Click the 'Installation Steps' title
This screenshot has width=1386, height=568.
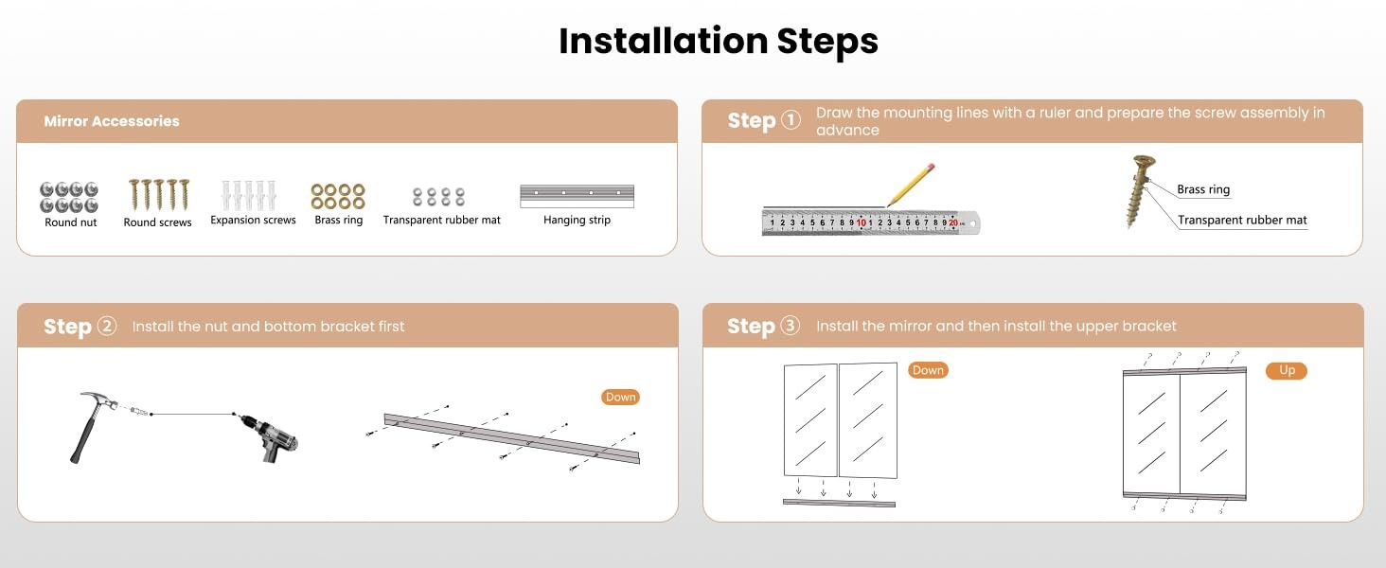719,42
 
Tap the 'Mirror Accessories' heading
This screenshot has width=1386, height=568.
112,121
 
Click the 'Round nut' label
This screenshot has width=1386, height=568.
71,222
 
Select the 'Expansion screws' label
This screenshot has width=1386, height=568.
253,220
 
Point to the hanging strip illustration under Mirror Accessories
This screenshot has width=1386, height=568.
577,196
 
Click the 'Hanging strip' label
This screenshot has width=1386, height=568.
577,220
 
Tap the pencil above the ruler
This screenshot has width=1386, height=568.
911,185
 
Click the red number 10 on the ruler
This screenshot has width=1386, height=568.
861,222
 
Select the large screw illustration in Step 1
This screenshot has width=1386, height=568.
1139,191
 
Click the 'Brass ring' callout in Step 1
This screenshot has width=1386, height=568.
1203,189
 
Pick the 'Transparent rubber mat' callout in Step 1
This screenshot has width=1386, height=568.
1242,221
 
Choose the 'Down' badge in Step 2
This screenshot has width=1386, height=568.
620,398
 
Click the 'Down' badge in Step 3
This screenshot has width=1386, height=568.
928,370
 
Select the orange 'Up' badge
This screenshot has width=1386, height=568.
1287,370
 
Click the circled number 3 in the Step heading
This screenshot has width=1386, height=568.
791,325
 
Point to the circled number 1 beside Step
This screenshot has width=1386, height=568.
791,119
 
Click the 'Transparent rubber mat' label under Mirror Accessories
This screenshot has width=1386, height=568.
442,220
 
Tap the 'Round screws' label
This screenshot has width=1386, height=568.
157,222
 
